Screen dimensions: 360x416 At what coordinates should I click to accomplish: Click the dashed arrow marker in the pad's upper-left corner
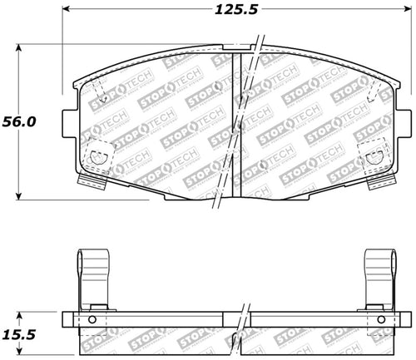click(x=99, y=95)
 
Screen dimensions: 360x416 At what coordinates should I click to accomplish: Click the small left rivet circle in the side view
click(x=92, y=320)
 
